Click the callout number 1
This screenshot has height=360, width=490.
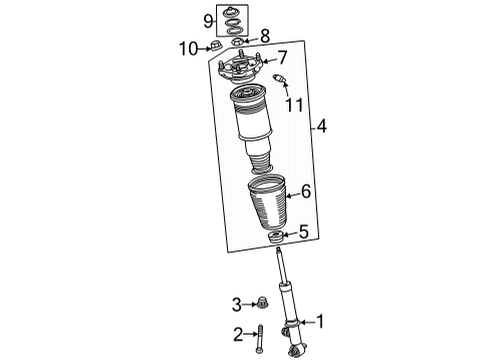pyautogui.click(x=322, y=322)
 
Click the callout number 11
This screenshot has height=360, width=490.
pyautogui.click(x=292, y=104)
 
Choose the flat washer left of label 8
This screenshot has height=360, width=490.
pyautogui.click(x=236, y=40)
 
